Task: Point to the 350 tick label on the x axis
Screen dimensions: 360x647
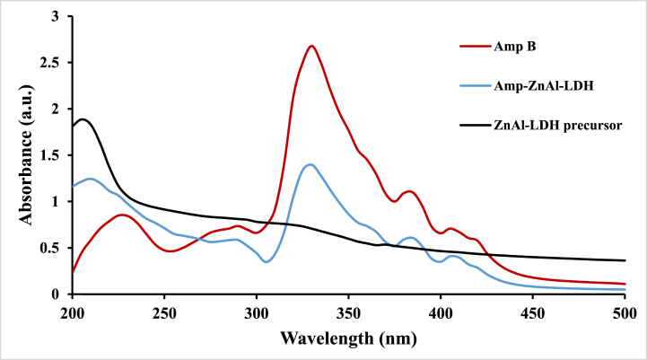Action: coord(348,312)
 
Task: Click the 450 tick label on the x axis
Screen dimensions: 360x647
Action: coord(532,312)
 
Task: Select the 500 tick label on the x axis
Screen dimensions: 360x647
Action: coord(624,312)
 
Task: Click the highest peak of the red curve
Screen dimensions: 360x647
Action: coord(310,46)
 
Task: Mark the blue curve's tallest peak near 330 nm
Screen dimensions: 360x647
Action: coord(310,164)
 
